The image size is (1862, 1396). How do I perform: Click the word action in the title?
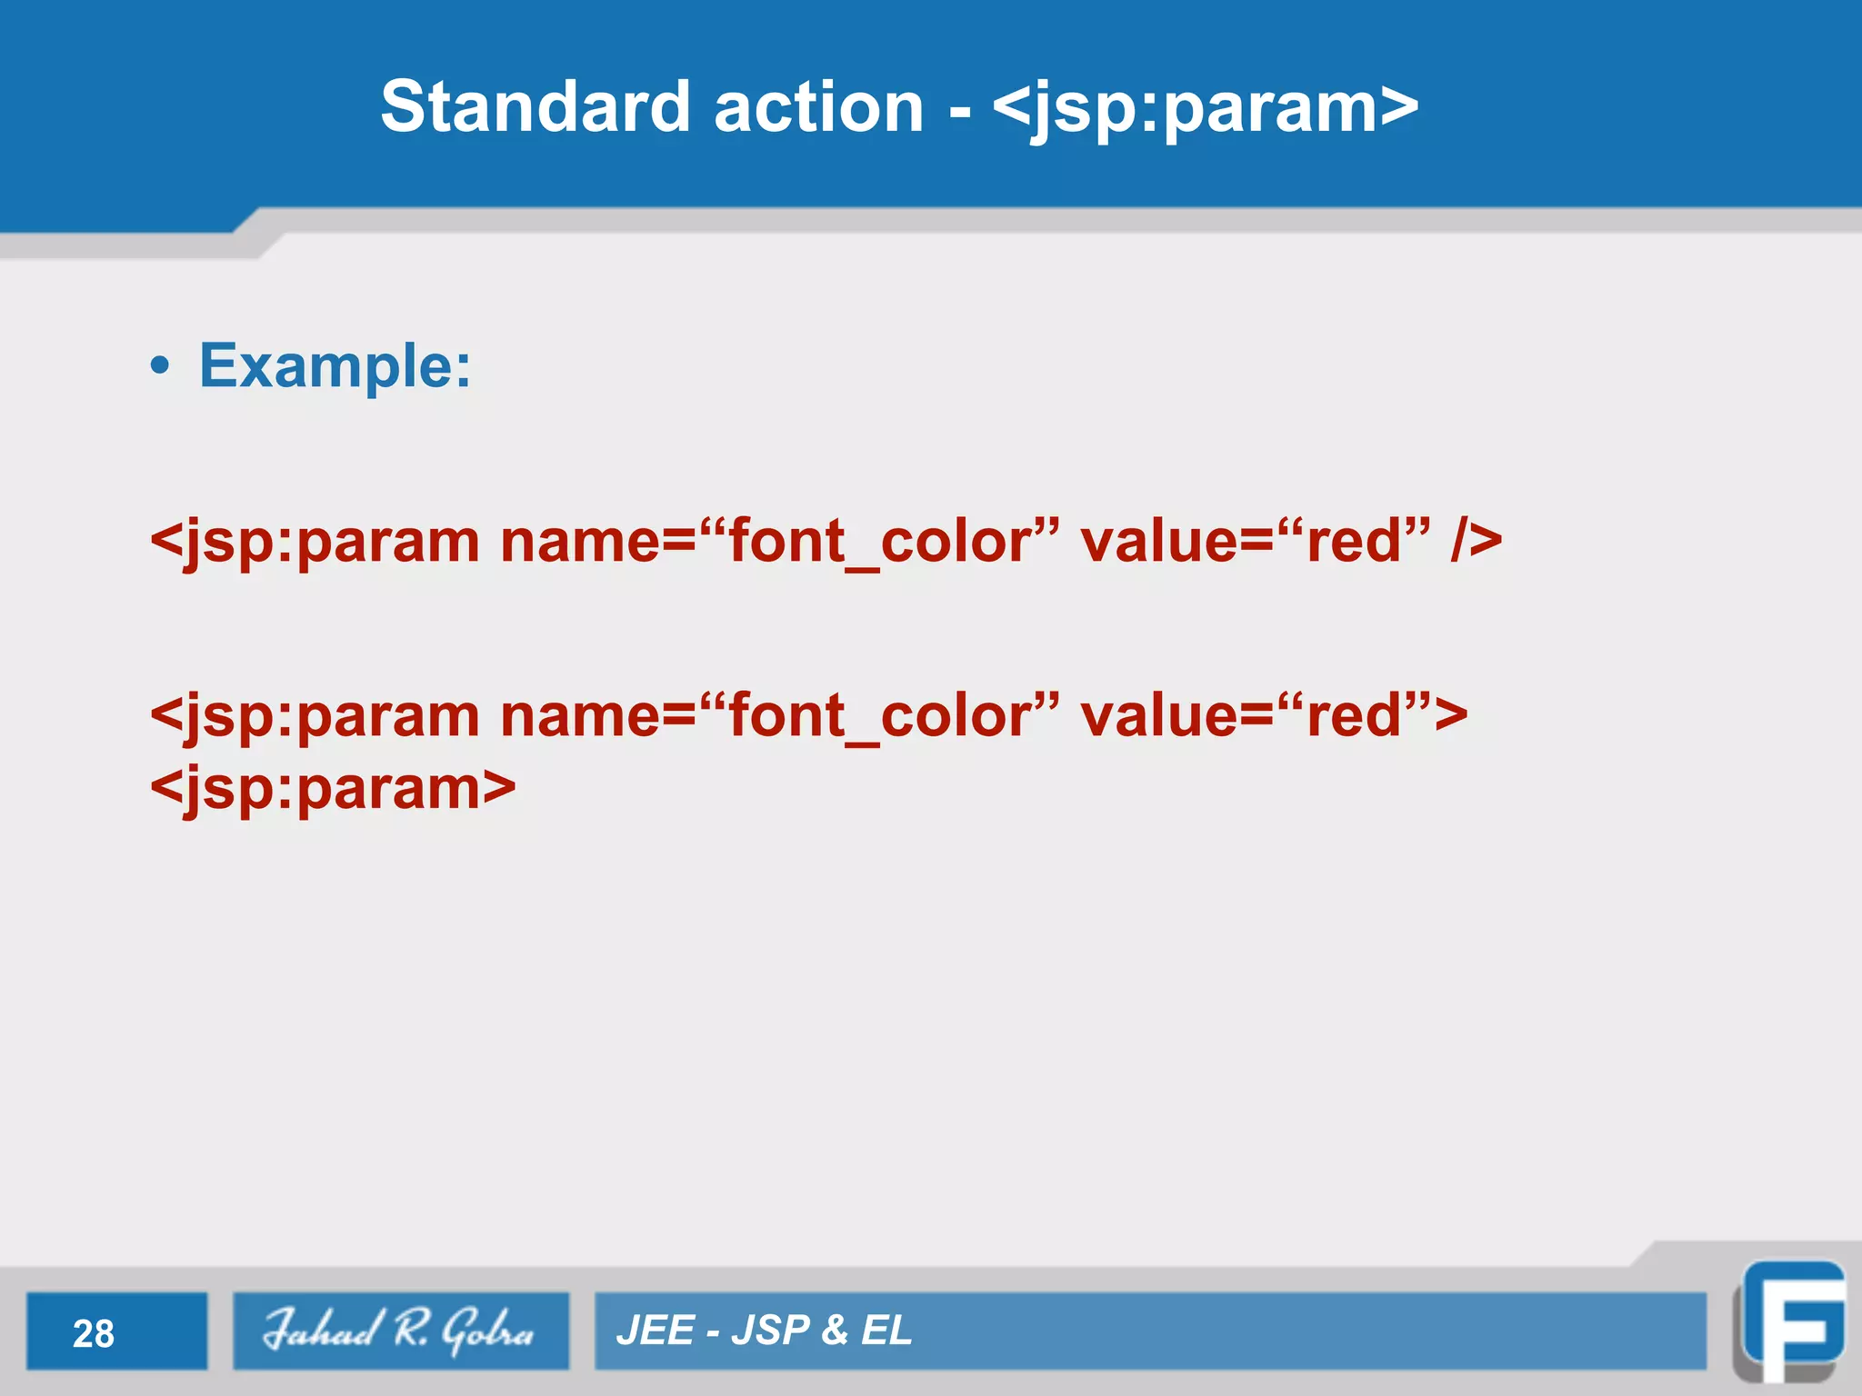pyautogui.click(x=818, y=107)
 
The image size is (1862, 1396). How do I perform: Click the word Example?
pyautogui.click(x=335, y=366)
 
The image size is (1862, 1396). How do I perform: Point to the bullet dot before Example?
pyautogui.click(x=160, y=367)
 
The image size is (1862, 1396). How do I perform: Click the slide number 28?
pyautogui.click(x=94, y=1333)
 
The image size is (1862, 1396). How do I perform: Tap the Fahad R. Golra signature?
pyautogui.click(x=398, y=1331)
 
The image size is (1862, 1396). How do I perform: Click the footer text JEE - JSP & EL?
pyautogui.click(x=764, y=1331)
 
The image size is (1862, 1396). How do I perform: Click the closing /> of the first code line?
pyautogui.click(x=1476, y=542)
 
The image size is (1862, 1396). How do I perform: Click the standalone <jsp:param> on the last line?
pyautogui.click(x=333, y=789)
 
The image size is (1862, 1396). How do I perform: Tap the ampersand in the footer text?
pyautogui.click(x=834, y=1331)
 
